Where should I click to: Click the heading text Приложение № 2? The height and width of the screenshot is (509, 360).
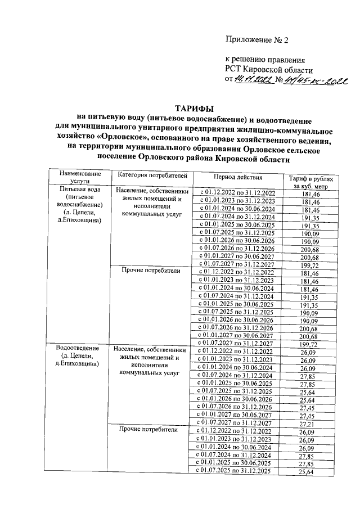[x=256, y=40]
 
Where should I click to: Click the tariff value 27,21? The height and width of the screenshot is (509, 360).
[x=310, y=422]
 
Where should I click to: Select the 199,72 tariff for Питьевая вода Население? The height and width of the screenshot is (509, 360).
[x=310, y=264]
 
